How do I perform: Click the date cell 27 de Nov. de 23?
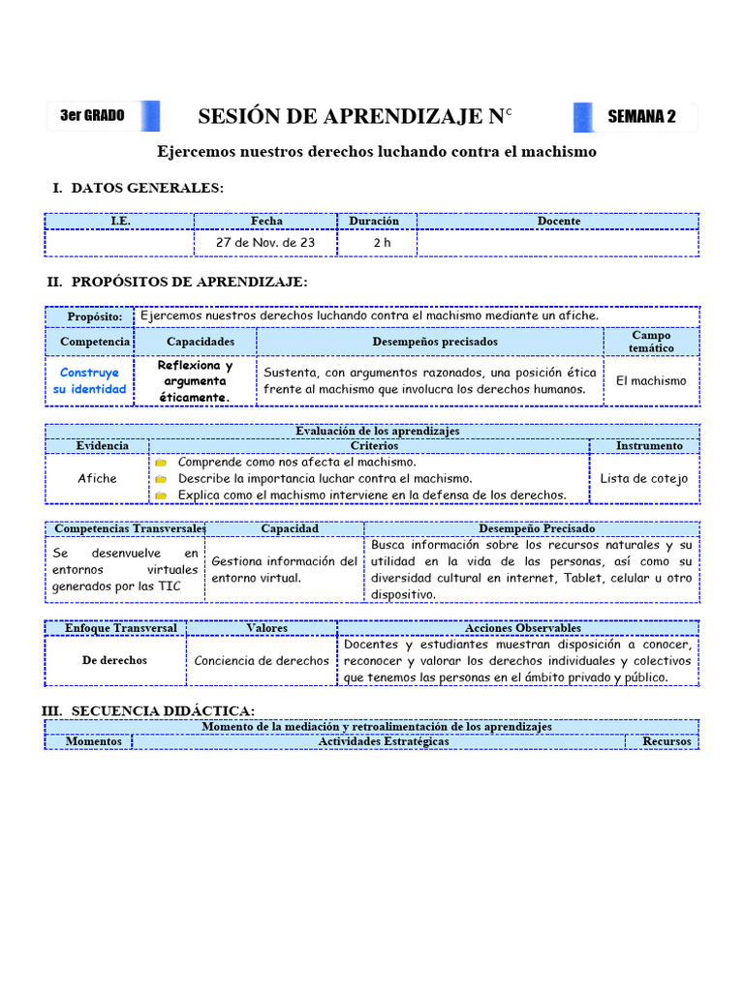pos(265,243)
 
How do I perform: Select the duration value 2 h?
pos(382,243)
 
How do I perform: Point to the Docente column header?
pos(559,221)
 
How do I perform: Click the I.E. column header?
pos(120,221)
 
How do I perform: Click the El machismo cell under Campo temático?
pos(651,380)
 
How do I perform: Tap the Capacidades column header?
pos(201,342)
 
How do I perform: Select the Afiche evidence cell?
pos(97,478)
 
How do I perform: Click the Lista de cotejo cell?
pos(644,478)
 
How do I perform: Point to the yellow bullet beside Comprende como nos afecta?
pos(161,463)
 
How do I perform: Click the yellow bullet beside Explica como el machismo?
pos(161,495)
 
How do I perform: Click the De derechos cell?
pos(114,660)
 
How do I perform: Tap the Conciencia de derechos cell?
pos(262,661)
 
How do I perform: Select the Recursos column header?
pos(666,742)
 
